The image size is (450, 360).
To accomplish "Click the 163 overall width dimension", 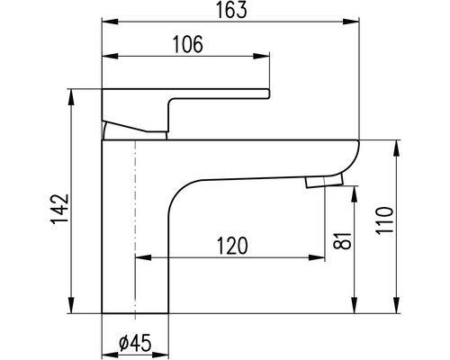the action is coord(232,10).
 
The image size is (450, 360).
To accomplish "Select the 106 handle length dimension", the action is coord(188,44).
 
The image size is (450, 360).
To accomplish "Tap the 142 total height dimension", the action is coord(59,209).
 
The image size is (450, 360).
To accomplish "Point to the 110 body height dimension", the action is coord(384,220).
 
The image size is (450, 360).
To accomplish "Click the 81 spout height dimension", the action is coord(342,240).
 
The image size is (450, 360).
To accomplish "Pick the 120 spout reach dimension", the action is coord(232,246).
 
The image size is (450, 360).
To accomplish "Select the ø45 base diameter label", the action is coord(135,343).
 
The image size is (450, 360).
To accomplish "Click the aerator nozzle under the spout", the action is coord(324,182).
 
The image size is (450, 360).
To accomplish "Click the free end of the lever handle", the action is coord(267,94).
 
